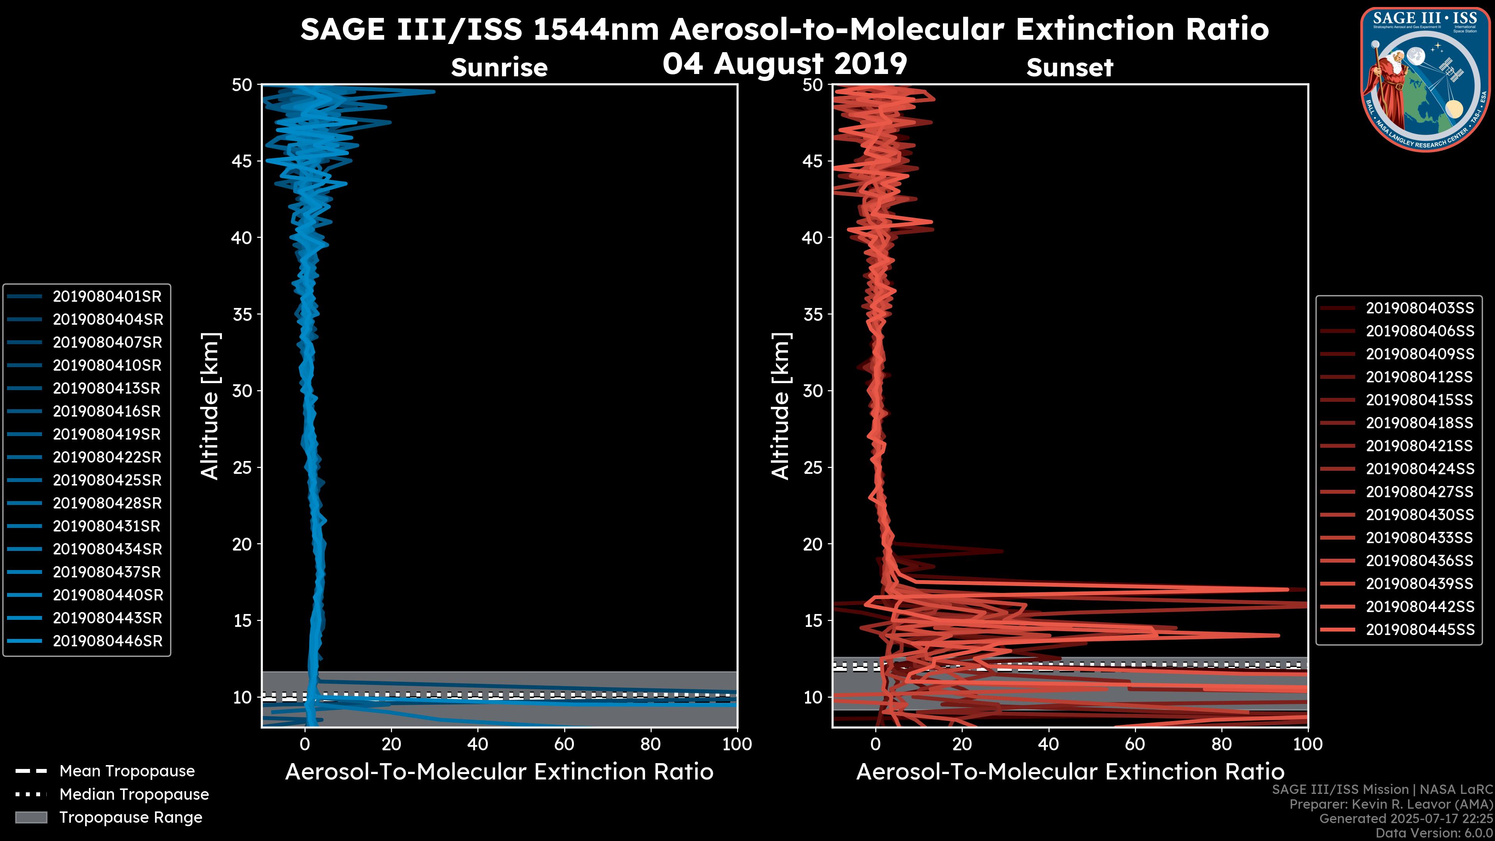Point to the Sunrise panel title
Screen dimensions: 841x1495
click(x=499, y=68)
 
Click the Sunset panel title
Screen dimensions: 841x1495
click(x=1069, y=68)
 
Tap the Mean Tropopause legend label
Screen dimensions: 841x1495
click(x=127, y=771)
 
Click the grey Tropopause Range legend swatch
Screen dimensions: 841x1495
click(x=31, y=818)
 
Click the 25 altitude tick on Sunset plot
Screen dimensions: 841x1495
click(x=813, y=468)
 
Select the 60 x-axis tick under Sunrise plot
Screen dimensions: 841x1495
click(x=564, y=744)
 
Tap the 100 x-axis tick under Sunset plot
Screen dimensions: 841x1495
click(x=1308, y=744)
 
